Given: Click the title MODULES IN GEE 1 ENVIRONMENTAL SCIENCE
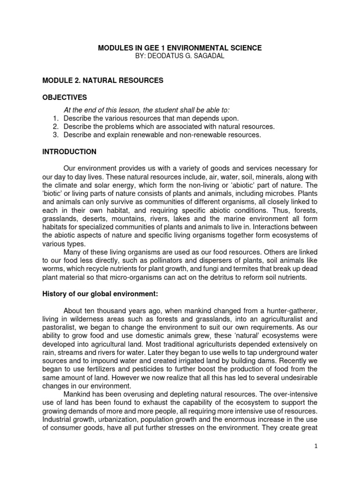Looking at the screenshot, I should click(180, 48).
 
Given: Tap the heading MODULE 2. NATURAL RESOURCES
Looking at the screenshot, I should click(103, 81).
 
